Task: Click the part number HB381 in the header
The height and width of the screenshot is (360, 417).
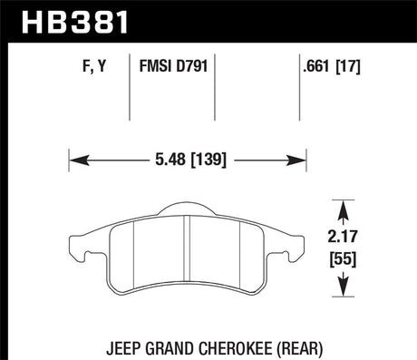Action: [x=75, y=22]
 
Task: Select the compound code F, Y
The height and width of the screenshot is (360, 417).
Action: [x=94, y=66]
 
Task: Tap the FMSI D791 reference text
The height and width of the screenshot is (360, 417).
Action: [x=173, y=66]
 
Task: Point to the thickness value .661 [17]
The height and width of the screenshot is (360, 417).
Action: [x=332, y=66]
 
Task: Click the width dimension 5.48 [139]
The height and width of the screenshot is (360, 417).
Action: [x=190, y=160]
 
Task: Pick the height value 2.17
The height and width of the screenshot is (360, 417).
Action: [x=343, y=237]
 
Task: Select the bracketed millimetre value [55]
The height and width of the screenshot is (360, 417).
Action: [x=343, y=259]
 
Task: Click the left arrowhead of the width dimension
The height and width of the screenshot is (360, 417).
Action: [x=79, y=161]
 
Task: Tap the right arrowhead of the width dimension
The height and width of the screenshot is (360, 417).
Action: [x=296, y=161]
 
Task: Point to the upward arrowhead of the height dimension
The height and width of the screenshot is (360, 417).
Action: [x=343, y=209]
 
